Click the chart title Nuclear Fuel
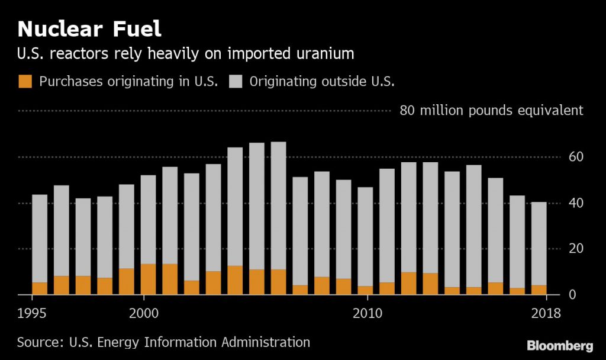pos(89,28)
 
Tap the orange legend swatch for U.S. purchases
pos(25,82)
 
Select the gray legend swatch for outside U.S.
pos(236,82)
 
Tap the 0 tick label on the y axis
pos(572,294)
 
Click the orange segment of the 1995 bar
pos(40,288)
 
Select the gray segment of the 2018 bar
pos(539,243)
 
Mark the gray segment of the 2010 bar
pos(365,236)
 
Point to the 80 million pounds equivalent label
pos(491,111)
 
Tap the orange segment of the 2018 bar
pos(539,290)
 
